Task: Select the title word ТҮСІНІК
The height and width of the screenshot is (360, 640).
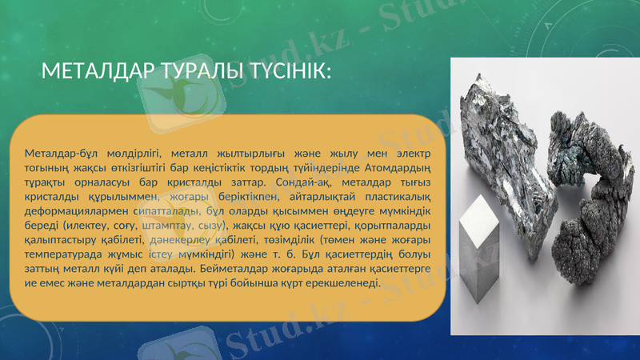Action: [276, 73]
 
